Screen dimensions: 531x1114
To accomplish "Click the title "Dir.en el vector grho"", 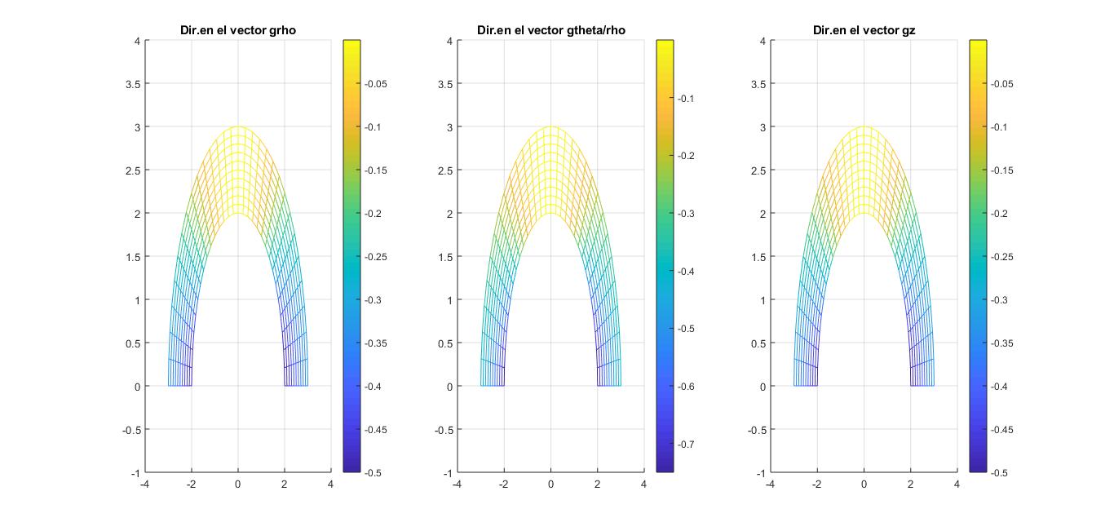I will tap(237, 31).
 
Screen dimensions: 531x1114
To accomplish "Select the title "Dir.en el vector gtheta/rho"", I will tap(550, 31).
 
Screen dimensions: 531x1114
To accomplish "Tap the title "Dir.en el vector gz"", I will tap(864, 31).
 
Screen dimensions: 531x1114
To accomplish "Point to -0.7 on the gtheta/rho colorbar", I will tap(687, 445).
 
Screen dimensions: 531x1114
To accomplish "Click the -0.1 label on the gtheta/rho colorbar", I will tap(687, 99).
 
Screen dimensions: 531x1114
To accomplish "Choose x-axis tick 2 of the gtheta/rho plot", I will tap(598, 485).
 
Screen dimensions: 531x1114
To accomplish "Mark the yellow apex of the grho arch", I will tap(238, 128).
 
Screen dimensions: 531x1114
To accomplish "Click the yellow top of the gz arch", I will tap(864, 128).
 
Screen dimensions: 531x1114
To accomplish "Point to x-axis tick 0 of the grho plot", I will tap(238, 485).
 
